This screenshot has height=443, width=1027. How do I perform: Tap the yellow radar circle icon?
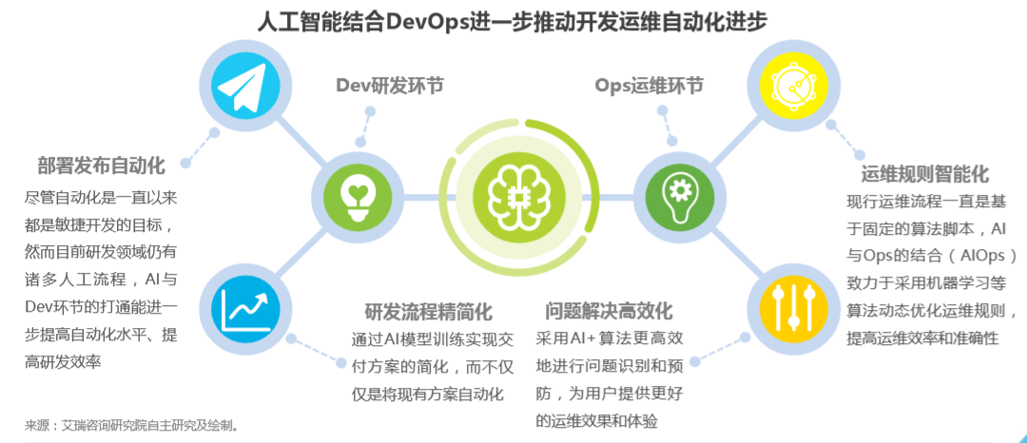tap(786, 87)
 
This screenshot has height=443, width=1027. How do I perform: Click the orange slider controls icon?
tap(786, 306)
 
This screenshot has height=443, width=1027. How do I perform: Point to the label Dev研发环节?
tap(389, 86)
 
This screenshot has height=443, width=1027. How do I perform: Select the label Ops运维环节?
tap(649, 86)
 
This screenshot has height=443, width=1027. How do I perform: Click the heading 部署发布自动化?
tap(102, 165)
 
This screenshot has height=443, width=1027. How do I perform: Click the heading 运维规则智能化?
tap(925, 174)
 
